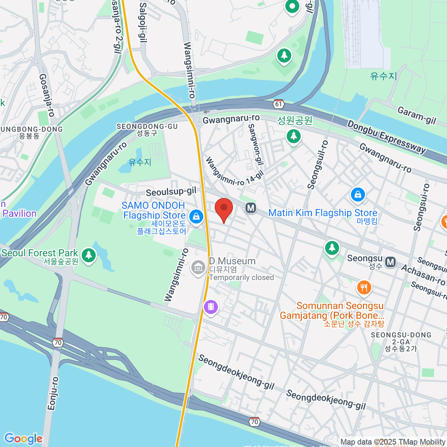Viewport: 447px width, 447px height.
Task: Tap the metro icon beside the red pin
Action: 251,208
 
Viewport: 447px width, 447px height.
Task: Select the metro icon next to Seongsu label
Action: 390,262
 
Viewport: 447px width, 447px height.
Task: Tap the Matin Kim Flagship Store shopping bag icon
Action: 358,195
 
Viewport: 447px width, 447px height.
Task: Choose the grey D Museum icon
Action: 198,267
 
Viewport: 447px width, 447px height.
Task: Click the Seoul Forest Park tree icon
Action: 88,255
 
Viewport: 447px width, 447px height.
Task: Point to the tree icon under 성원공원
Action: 294,136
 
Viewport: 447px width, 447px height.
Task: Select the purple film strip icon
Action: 211,307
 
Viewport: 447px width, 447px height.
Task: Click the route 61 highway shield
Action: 279,104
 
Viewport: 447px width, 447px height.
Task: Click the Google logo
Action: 23,438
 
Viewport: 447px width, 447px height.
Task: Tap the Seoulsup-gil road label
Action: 171,192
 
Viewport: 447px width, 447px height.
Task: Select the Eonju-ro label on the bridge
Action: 53,393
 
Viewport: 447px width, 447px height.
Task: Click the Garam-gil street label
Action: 416,115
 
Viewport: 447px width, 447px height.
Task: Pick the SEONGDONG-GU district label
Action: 147,127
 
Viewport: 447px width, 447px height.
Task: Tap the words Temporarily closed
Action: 241,278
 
